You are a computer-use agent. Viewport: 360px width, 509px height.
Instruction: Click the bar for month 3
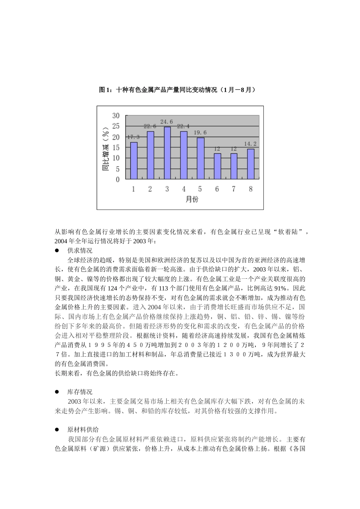[167, 153]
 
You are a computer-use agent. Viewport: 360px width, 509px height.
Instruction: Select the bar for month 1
[134, 161]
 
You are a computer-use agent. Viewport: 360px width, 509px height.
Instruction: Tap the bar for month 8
[250, 164]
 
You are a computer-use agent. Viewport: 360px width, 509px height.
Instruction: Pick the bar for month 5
[200, 158]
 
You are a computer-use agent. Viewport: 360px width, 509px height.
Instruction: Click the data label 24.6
[167, 122]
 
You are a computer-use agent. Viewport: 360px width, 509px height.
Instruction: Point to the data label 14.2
[250, 144]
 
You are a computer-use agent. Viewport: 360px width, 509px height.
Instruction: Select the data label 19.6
[200, 133]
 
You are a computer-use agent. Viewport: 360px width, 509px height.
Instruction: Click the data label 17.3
[133, 137]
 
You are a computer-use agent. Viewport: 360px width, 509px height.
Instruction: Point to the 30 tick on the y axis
[116, 116]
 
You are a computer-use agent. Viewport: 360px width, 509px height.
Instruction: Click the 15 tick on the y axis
[116, 147]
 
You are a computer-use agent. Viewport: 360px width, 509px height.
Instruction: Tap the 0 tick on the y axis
[117, 179]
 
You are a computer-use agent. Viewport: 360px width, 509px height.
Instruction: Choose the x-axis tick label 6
[217, 189]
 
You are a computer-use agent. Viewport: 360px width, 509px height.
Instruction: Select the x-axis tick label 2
[150, 189]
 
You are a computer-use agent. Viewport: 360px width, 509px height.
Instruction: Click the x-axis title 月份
[192, 199]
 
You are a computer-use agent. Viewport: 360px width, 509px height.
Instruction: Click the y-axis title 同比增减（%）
[106, 148]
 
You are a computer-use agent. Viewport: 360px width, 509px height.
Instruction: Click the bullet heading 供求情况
[80, 250]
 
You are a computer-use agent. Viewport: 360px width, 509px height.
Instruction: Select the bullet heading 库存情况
[80, 392]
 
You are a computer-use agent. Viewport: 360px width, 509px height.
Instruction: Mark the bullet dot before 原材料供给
[57, 429]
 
